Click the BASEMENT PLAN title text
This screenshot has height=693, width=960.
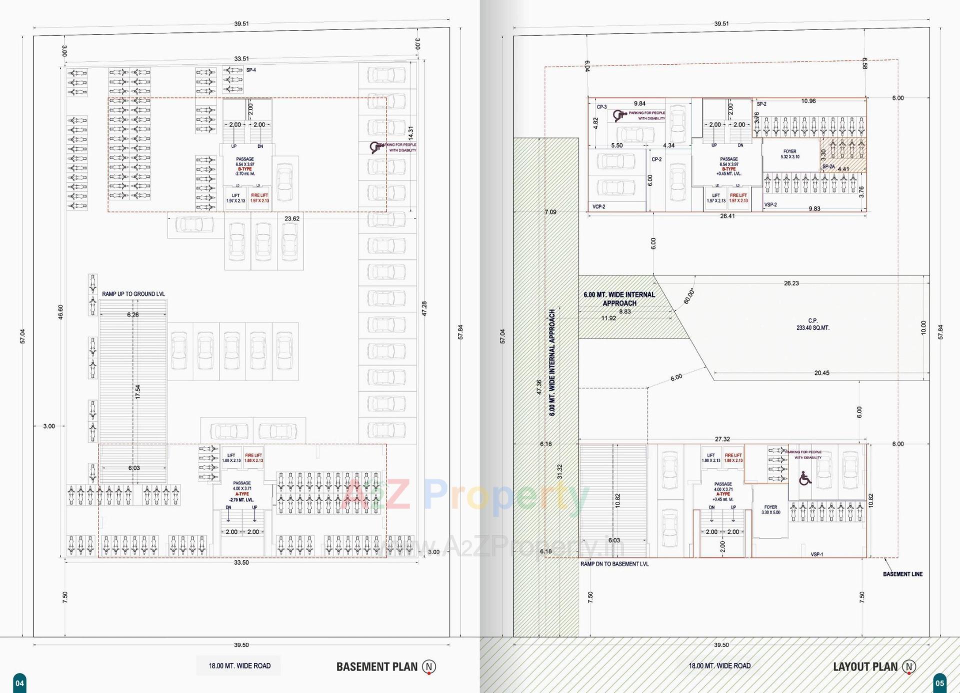point(376,666)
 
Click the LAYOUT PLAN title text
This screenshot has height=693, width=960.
point(865,666)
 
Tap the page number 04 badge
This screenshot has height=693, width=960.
point(19,683)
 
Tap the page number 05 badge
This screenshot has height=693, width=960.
point(939,683)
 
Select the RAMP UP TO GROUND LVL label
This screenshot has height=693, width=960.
point(133,294)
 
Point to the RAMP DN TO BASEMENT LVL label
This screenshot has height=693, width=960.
point(614,564)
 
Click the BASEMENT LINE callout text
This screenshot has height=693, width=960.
point(902,574)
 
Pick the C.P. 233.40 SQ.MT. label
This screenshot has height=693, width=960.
point(812,324)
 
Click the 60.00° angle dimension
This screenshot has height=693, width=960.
point(689,296)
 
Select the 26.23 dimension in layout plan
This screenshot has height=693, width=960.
point(791,283)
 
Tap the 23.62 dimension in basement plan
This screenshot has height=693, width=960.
point(292,218)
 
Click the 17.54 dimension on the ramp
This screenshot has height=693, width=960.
point(137,391)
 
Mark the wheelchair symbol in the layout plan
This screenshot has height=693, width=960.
point(804,478)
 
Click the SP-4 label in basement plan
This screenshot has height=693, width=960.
point(251,70)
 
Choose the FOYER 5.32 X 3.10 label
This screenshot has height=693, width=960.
point(790,154)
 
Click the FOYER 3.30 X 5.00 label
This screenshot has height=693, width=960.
point(770,509)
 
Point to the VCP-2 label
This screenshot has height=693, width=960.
point(598,206)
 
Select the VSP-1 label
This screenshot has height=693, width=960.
point(816,554)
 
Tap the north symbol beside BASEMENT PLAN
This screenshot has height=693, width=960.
point(429,666)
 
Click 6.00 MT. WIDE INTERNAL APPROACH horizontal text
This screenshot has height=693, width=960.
point(619,299)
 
